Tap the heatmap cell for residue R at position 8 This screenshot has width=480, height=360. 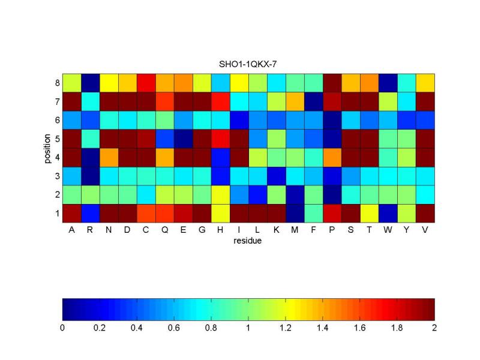pos(90,82)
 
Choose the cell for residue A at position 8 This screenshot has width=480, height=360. pos(71,82)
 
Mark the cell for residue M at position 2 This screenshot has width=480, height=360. pos(295,194)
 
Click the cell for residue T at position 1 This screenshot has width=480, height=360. pos(370,212)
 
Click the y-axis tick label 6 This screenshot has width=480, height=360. pos(57,119)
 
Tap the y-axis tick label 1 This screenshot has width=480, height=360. pos(57,212)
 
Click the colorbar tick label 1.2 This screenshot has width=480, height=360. pos(286,328)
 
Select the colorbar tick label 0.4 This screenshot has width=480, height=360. pos(137,328)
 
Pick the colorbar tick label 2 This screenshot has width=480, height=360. pos(434,328)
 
